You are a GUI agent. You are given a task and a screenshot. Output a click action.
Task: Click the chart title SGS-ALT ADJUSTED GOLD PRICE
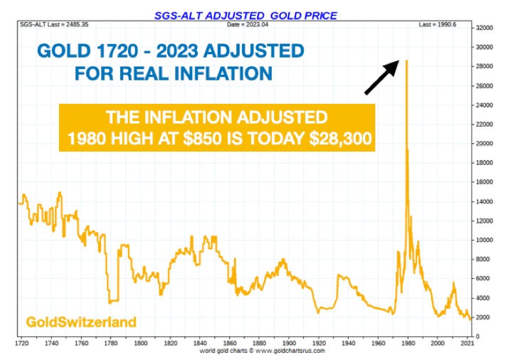tap(245, 15)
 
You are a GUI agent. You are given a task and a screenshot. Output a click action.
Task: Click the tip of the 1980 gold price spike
tap(406, 61)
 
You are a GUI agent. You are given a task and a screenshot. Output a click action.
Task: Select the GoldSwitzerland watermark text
tap(81, 322)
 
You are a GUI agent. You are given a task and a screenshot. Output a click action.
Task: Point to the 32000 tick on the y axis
tap(485, 28)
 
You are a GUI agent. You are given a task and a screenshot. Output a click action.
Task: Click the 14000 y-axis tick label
tap(485, 202)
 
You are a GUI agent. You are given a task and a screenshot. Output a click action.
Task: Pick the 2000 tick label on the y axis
tap(485, 317)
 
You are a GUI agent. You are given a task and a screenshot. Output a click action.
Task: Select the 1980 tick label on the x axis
tap(406, 342)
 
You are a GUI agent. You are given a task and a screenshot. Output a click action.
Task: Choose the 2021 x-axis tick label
tap(467, 342)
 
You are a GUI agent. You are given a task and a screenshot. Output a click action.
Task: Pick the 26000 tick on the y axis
tap(485, 86)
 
